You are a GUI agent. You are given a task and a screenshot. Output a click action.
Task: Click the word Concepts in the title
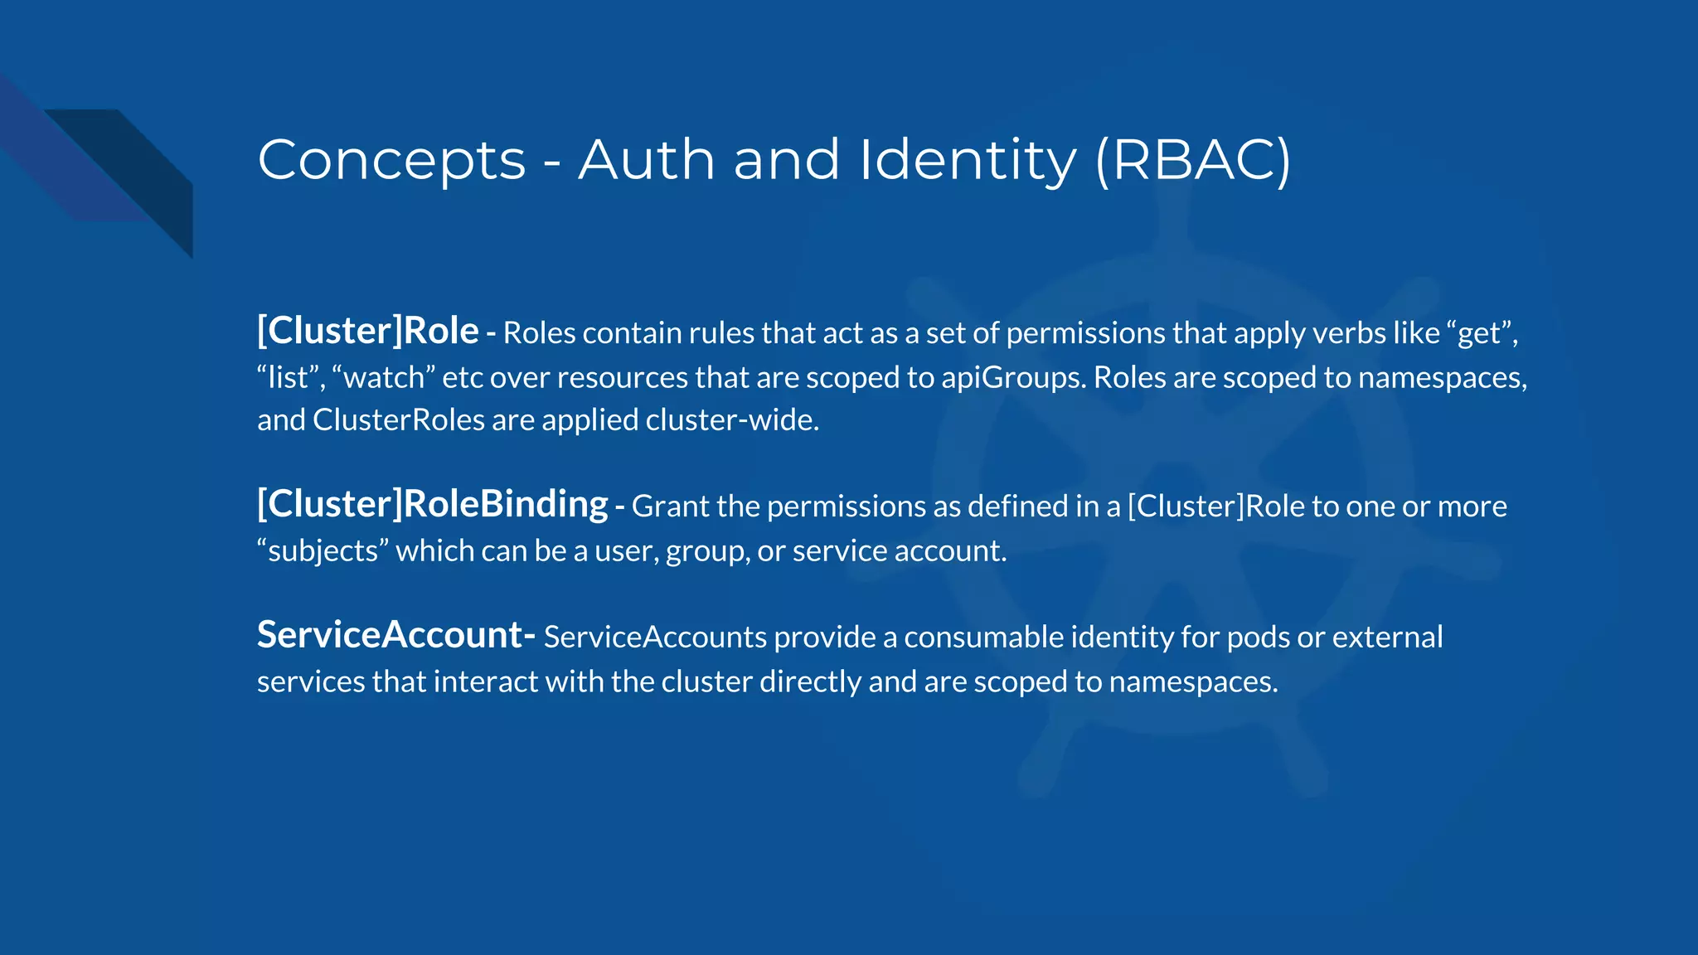(x=391, y=160)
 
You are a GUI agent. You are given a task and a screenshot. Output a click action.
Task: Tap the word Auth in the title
(x=647, y=160)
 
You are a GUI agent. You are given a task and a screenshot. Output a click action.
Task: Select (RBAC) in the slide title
(x=1192, y=160)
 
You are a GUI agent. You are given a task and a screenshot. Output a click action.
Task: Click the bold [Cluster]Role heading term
(x=367, y=331)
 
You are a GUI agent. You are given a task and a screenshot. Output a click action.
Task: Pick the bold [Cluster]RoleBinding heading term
(x=432, y=504)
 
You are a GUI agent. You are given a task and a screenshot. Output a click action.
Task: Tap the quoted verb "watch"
(x=383, y=378)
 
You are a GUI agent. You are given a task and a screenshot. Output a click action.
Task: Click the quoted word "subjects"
(x=323, y=551)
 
